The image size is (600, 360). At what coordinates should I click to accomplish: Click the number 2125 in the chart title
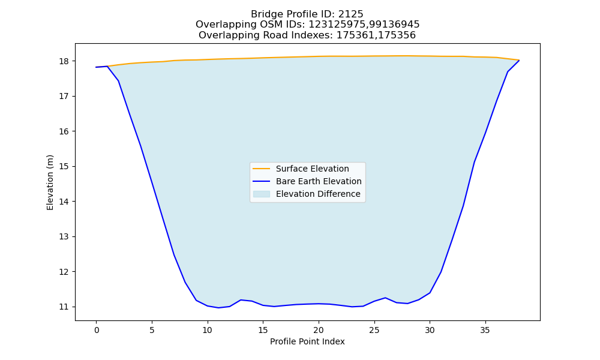pos(350,14)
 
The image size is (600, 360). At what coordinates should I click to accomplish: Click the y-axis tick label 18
pos(64,61)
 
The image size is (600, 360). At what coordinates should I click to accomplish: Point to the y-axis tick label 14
pos(64,202)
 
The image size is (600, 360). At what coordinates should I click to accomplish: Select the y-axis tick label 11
pos(64,307)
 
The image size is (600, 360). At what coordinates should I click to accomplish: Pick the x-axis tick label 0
pos(97,330)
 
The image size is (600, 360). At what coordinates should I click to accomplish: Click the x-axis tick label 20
pos(319,330)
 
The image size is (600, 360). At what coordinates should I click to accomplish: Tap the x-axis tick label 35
pos(485,330)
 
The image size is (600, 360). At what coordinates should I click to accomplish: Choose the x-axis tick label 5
pos(152,330)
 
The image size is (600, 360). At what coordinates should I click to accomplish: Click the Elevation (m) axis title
pos(50,182)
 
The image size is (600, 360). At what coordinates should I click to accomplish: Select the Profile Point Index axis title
pos(307,341)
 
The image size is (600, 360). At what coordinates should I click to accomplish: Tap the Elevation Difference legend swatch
pos(262,194)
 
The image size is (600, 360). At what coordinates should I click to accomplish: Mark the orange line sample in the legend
pos(262,169)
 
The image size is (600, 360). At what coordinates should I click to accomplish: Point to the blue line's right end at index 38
pos(519,61)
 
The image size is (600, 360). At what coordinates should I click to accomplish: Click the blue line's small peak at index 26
pos(385,298)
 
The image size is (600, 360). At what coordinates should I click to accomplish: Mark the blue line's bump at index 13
pos(241,300)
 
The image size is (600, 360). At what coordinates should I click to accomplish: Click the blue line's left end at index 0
pos(96,67)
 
